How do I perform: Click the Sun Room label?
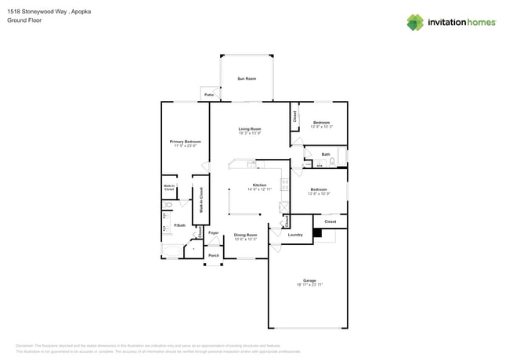(247, 78)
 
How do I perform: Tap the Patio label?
(209, 95)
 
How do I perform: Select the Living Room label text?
(250, 128)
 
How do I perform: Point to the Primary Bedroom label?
(185, 142)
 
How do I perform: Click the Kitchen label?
(258, 185)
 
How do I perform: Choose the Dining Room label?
(246, 235)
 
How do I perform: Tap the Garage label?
(309, 280)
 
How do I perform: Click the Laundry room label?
(295, 235)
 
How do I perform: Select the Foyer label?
(213, 233)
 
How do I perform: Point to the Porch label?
(214, 255)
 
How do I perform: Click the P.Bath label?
(179, 225)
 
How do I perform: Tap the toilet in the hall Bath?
(332, 162)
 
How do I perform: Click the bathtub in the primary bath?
(171, 251)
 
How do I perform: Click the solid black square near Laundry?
(317, 232)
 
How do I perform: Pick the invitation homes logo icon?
(415, 22)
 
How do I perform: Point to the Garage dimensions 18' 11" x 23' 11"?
(309, 285)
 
